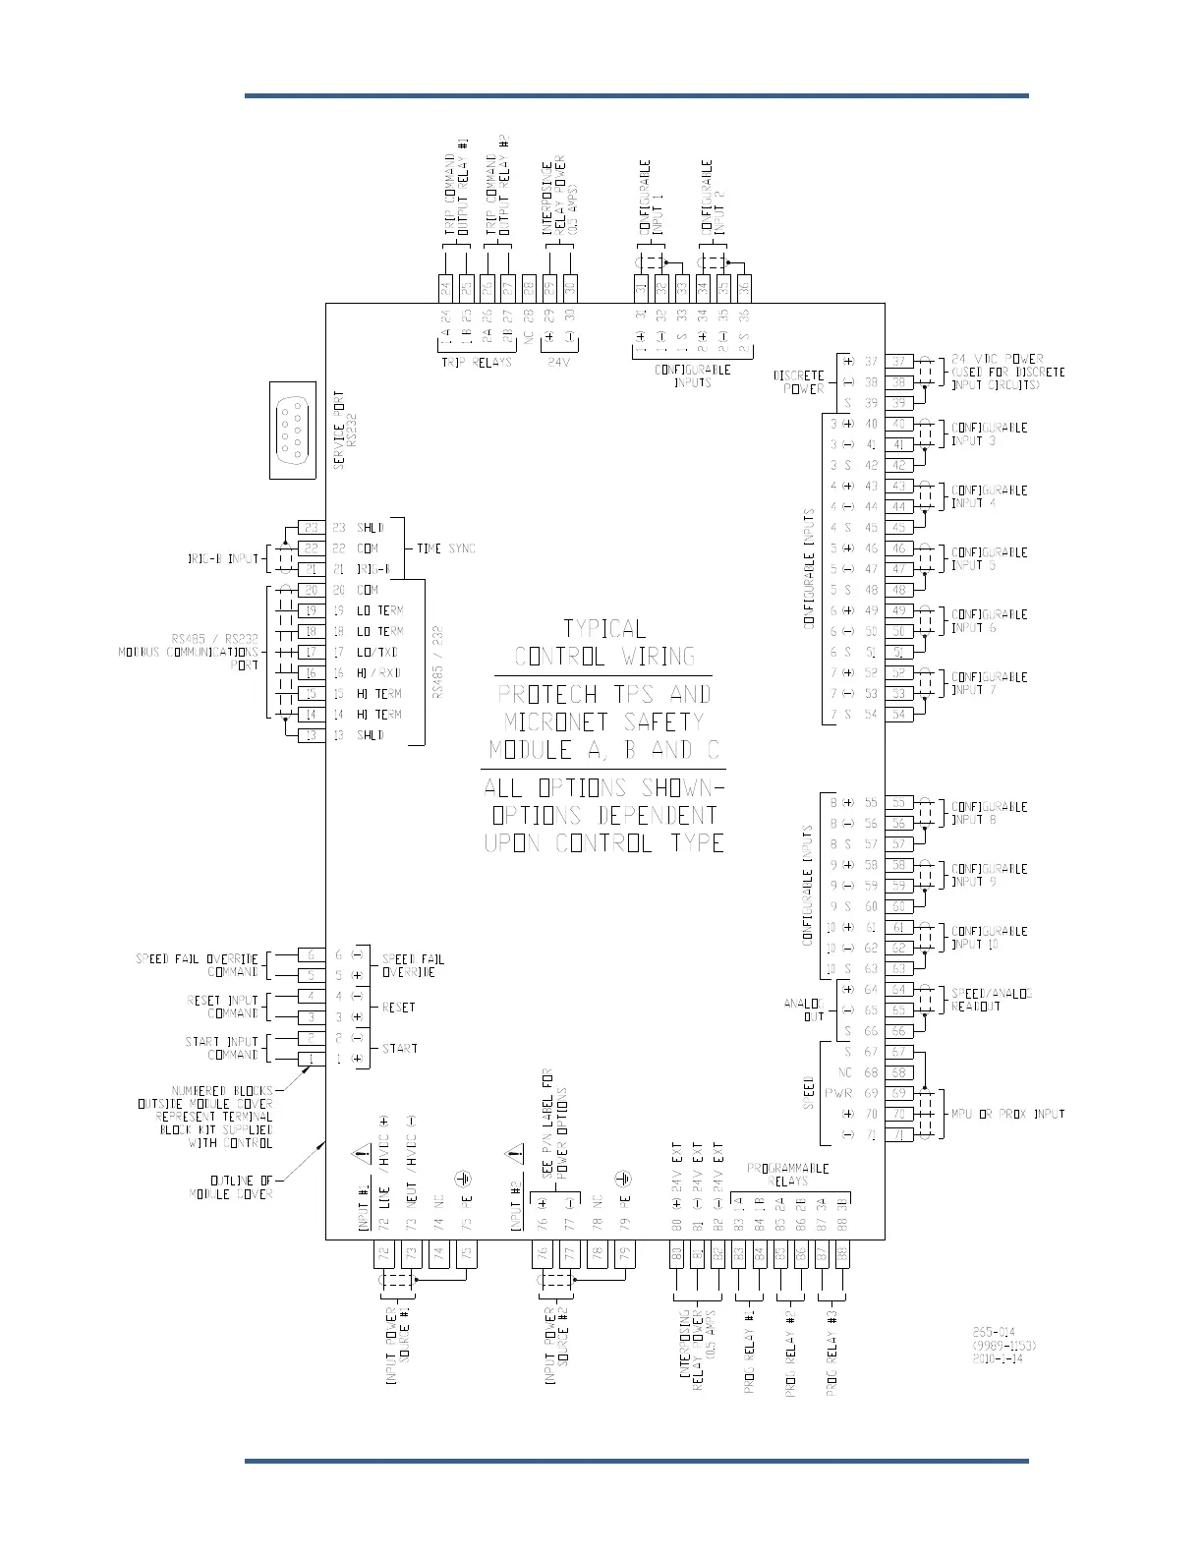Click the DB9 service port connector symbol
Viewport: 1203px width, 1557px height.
(292, 430)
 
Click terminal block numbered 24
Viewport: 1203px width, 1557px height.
(445, 288)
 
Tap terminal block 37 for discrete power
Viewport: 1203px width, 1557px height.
(898, 362)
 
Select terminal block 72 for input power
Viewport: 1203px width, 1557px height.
(384, 1254)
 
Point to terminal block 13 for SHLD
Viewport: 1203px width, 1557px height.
(312, 735)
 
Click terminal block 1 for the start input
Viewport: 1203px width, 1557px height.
(312, 1059)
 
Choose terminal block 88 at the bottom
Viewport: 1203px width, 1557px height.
(842, 1254)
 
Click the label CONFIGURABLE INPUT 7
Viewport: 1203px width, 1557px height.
(988, 683)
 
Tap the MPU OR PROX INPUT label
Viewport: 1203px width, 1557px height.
(1007, 1114)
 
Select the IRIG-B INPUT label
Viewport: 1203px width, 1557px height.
(223, 558)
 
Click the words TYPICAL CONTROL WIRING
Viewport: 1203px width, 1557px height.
(604, 643)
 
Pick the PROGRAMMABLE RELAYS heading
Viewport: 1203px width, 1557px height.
(787, 1175)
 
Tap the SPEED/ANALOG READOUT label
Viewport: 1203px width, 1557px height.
(990, 999)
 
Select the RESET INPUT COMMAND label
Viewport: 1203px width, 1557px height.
(223, 1007)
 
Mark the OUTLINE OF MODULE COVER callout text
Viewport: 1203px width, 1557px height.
(232, 1186)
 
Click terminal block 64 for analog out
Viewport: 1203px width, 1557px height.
(898, 990)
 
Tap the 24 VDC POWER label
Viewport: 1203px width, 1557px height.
(1006, 372)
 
